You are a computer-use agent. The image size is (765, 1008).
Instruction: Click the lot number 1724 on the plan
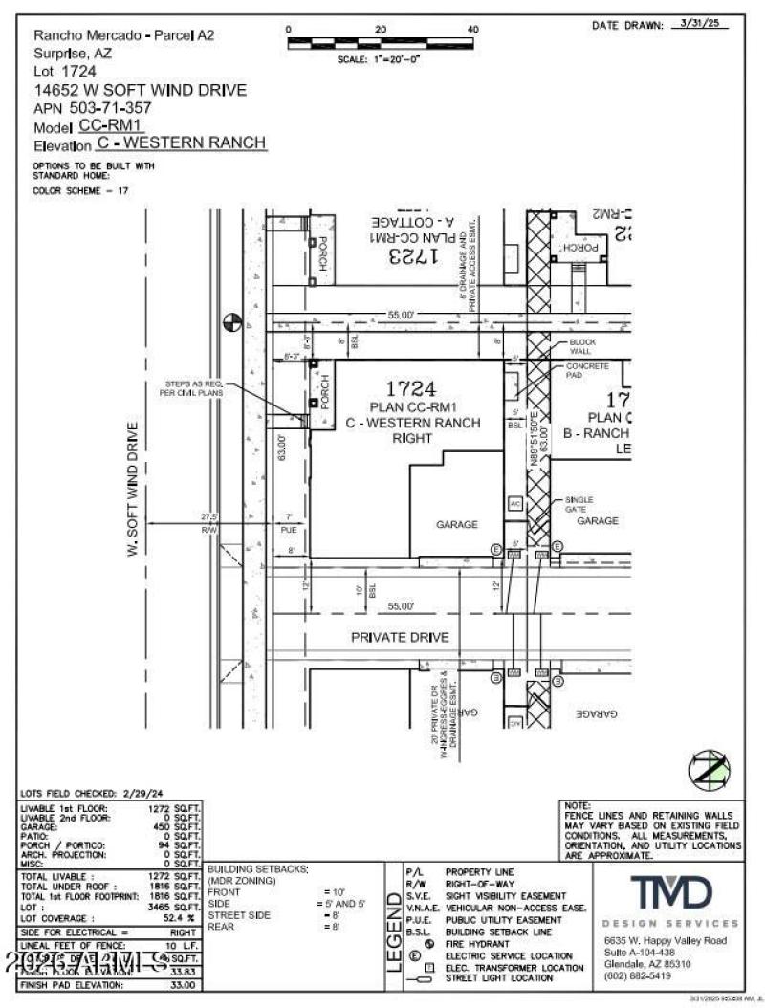tap(411, 388)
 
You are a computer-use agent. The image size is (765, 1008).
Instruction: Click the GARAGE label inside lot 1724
tap(457, 524)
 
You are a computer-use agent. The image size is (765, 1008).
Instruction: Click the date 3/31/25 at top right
tap(695, 24)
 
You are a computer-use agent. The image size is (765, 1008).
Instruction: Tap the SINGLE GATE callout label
tap(579, 503)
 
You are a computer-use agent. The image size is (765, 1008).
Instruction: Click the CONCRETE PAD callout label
tap(587, 371)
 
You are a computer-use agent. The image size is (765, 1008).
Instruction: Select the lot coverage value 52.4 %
tap(179, 918)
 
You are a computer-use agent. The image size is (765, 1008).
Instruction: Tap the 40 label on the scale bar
tap(472, 30)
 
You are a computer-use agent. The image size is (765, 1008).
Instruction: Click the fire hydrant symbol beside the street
tap(229, 322)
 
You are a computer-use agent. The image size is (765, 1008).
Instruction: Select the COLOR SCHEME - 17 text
tap(81, 190)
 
